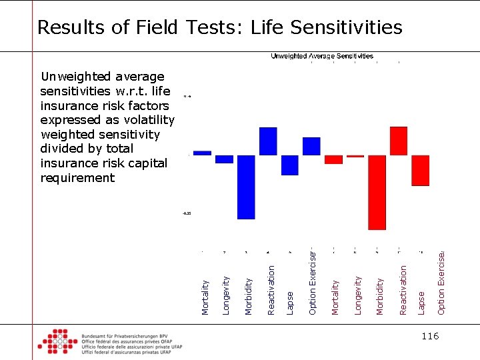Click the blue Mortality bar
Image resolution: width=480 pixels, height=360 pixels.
(202, 153)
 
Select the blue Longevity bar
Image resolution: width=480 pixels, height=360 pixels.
(225, 159)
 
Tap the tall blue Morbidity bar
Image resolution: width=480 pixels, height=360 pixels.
(246, 187)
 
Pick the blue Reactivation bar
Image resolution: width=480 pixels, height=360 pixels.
(268, 141)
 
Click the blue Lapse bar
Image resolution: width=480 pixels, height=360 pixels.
(290, 165)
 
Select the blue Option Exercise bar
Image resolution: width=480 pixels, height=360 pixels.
(311, 146)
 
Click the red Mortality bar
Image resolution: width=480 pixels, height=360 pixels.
(333, 159)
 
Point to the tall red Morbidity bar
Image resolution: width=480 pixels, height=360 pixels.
(377, 192)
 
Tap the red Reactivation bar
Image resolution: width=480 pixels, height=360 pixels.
(399, 141)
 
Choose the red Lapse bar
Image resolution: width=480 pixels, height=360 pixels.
(420, 171)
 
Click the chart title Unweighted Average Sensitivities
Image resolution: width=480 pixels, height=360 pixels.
(322, 57)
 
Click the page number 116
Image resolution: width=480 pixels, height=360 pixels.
(430, 336)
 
